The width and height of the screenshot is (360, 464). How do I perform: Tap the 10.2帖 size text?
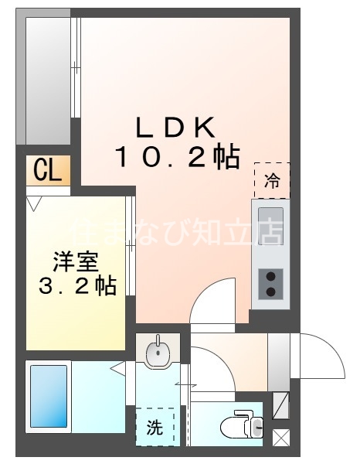point(177,158)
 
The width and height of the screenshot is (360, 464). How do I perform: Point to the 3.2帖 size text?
point(77,287)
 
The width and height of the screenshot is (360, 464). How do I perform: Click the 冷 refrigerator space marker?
point(272,182)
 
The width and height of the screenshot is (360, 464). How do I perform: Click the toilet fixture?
point(241,425)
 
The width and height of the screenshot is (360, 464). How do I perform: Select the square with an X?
point(281,438)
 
